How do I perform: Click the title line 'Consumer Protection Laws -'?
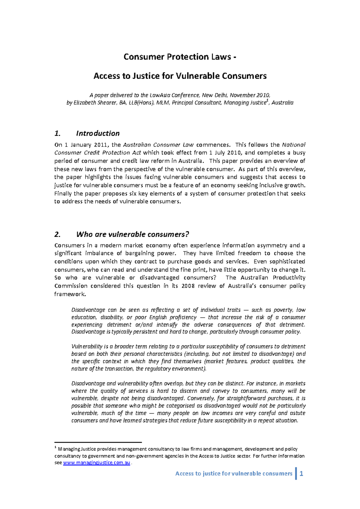pyautogui.click(x=180, y=57)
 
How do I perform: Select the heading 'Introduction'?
pyautogui.click(x=98, y=133)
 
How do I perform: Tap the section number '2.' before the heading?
pyautogui.click(x=58, y=234)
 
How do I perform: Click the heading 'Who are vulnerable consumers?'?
pyautogui.click(x=133, y=234)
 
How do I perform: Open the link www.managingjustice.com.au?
pyautogui.click(x=97, y=462)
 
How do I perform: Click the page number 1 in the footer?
pyautogui.click(x=301, y=474)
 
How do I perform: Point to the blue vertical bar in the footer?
pyautogui.click(x=296, y=473)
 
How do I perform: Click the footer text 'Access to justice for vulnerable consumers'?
pyautogui.click(x=234, y=474)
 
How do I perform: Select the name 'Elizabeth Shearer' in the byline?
pyautogui.click(x=89, y=103)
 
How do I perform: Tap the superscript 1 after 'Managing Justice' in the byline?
pyautogui.click(x=267, y=101)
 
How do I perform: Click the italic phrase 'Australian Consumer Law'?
pyautogui.click(x=158, y=145)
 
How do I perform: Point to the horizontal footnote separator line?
pyautogui.click(x=98, y=442)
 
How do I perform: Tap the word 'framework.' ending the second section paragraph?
pyautogui.click(x=70, y=294)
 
